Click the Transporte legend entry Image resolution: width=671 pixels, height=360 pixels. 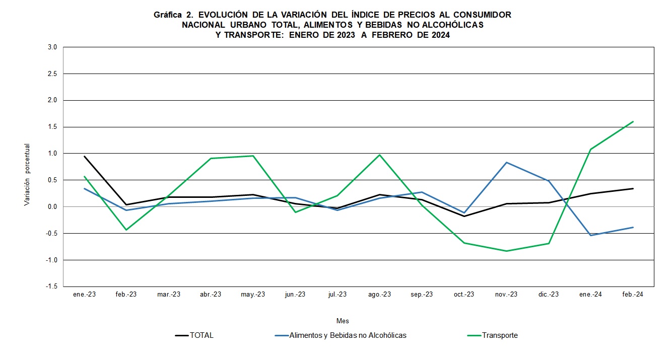(x=499, y=335)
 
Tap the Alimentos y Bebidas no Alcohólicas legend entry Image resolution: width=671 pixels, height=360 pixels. (x=348, y=335)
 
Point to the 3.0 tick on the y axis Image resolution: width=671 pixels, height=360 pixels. (x=53, y=47)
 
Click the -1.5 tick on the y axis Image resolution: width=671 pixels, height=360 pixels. (x=52, y=286)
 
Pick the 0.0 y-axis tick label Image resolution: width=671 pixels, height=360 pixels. (x=53, y=207)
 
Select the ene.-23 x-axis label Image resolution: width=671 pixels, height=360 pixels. (x=84, y=295)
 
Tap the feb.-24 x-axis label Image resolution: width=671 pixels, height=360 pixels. (x=633, y=295)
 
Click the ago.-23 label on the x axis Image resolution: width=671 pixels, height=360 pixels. (x=379, y=295)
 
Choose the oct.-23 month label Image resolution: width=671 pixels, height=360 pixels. (x=464, y=295)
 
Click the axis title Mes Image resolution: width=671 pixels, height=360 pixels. (x=343, y=321)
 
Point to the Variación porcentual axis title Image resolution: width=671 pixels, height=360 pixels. (x=27, y=175)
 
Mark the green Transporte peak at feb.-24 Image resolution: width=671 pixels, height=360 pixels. (x=633, y=121)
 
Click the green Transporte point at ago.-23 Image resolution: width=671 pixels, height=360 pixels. (x=379, y=155)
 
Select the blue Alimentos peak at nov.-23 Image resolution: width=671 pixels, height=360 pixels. (x=506, y=162)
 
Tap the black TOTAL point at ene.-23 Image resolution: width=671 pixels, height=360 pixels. (x=84, y=156)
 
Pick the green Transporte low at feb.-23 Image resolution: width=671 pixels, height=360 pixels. (x=126, y=230)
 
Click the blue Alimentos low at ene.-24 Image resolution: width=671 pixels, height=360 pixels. (x=590, y=235)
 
